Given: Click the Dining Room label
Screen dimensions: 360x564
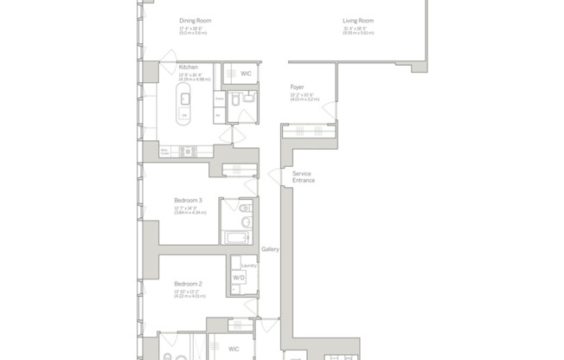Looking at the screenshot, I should point(195,21).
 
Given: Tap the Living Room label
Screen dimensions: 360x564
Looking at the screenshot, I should point(357,21).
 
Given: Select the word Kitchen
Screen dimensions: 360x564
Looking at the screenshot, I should point(189,67).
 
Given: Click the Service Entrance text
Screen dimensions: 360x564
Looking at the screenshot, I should point(303,177).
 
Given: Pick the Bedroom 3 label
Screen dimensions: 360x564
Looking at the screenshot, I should point(188,200).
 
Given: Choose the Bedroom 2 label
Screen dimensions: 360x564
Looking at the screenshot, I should point(188,284).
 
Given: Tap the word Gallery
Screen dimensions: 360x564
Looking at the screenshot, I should point(270,249).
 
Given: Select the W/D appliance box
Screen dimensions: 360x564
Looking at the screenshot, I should point(238,278).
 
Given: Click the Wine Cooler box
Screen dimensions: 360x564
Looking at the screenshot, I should point(164,151).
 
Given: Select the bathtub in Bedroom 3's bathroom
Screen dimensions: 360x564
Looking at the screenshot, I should point(235,237).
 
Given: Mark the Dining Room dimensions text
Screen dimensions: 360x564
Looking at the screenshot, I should point(192,29).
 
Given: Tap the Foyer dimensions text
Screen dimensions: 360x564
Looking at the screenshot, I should point(304,96).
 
